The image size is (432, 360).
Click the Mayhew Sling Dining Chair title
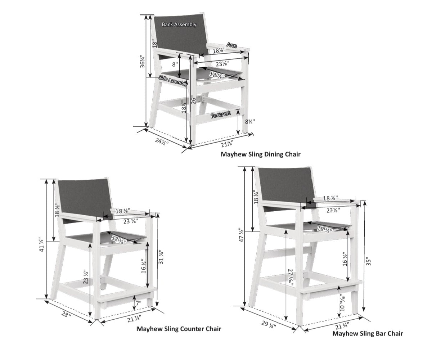tap(260, 154)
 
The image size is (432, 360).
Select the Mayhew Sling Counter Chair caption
tap(179, 329)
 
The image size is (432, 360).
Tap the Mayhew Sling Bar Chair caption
tap(368, 333)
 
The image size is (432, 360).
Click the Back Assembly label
tap(179, 24)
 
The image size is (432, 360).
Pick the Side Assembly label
tap(173, 81)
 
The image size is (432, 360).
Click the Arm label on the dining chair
tap(231, 45)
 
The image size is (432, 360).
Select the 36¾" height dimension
tap(143, 62)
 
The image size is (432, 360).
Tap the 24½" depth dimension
tap(162, 141)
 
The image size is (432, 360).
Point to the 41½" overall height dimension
tap(41, 245)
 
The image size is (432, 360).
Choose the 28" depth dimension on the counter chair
tap(66, 315)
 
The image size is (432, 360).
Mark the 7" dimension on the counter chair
tap(138, 303)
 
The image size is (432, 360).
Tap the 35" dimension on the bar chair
tap(368, 261)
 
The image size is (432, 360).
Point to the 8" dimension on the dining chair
tap(175, 64)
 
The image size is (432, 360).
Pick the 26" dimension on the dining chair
tap(194, 100)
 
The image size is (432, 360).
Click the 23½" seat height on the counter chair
tap(85, 278)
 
